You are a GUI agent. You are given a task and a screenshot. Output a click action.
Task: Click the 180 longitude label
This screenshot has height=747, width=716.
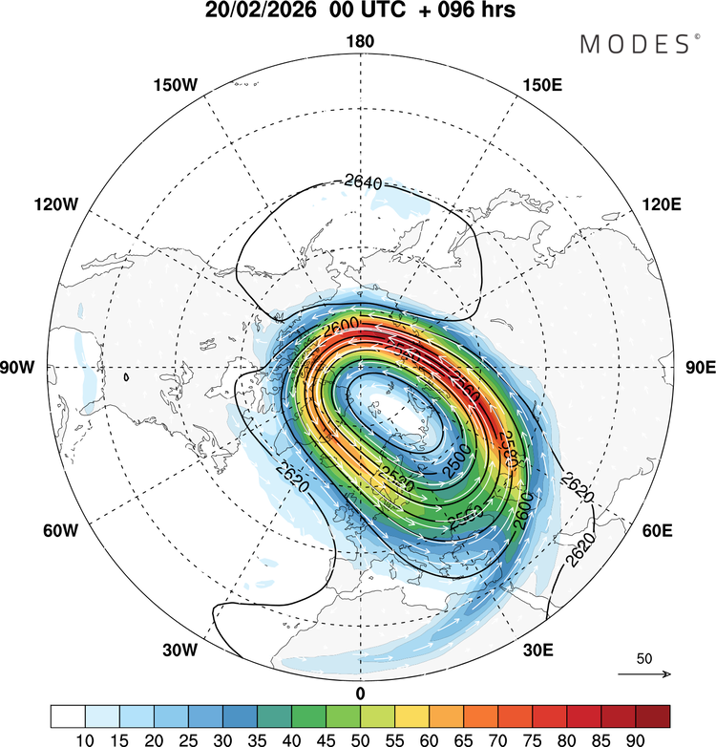tap(360, 41)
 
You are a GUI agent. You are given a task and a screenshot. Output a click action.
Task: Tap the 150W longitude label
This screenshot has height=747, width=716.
tap(174, 85)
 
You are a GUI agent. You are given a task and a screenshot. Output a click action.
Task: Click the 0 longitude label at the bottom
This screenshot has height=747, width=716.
tap(360, 693)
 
